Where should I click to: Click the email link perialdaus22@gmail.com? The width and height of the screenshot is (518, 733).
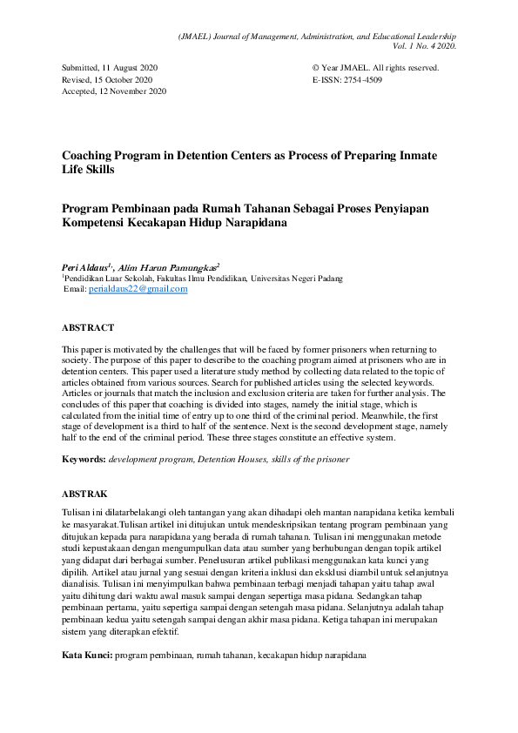(x=138, y=290)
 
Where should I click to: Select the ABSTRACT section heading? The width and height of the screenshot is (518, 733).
(x=87, y=328)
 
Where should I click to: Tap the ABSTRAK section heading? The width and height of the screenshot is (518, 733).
(x=84, y=494)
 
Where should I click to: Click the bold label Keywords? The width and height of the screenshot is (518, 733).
(x=84, y=459)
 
